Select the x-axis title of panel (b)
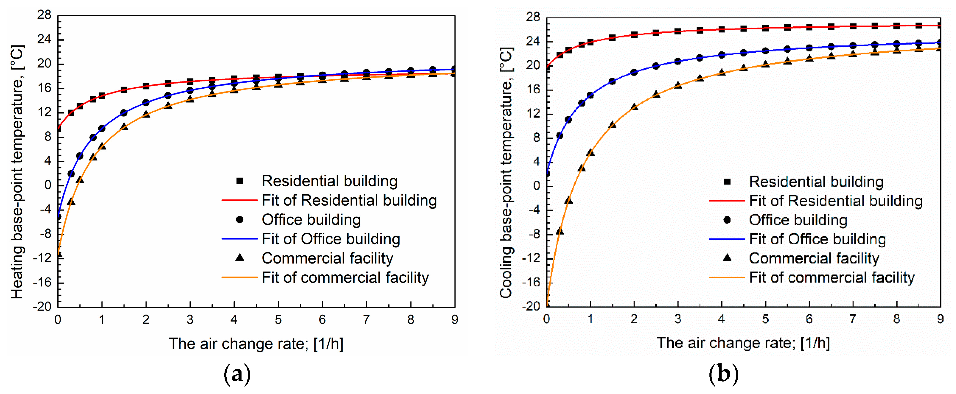(743, 343)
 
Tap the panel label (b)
(723, 374)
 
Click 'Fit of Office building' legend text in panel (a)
(331, 239)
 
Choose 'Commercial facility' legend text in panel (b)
(814, 258)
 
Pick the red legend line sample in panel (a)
(239, 200)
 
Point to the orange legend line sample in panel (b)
(727, 278)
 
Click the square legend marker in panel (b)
(727, 182)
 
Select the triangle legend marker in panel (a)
(240, 257)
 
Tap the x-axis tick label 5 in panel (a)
(278, 320)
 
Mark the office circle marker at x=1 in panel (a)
(102, 128)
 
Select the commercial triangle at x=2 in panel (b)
(634, 107)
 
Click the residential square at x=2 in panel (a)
(146, 86)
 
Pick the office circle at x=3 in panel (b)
(678, 61)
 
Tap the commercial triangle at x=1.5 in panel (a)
(124, 127)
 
